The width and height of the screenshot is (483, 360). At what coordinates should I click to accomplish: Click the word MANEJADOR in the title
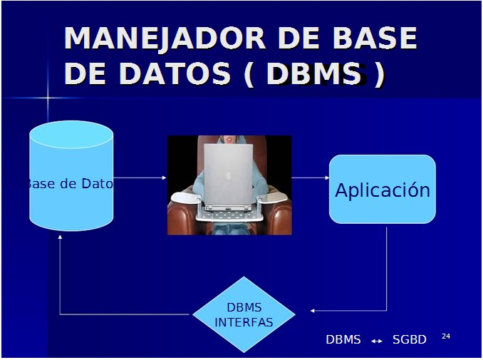coord(165,38)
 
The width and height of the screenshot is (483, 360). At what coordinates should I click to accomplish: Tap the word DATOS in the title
coord(175,73)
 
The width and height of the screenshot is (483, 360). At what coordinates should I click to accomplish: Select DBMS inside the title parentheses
coord(314,73)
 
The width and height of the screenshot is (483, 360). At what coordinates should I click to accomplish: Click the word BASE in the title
coord(375,38)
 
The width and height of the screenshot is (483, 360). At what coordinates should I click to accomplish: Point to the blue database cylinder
coord(71,175)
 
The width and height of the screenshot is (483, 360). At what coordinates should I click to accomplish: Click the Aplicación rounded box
coord(383,189)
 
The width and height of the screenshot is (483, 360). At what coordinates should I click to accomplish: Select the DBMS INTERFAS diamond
coord(244,314)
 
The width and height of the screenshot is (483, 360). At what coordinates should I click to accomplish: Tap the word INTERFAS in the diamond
coord(244,322)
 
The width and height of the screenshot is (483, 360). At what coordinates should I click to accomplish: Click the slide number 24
coord(446,336)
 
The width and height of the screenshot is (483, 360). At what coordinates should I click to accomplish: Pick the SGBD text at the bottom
coord(410,339)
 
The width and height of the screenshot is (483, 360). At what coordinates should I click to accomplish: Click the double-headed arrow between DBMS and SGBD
coord(376,341)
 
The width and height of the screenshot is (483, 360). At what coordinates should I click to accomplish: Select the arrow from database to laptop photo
coord(140,178)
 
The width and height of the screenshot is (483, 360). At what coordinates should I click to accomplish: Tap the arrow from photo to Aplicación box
coord(310,178)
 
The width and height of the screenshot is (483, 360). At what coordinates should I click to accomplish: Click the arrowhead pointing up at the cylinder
coord(60,237)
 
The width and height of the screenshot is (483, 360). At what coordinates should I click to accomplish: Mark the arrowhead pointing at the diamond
coord(312,311)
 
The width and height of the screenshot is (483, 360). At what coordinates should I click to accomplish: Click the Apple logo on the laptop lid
coord(229,175)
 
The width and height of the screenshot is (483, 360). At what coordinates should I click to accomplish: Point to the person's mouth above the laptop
coord(229,138)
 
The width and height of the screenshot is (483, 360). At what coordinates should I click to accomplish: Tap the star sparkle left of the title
coord(48,98)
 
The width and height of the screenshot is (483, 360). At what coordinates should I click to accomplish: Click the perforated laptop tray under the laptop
coord(229,215)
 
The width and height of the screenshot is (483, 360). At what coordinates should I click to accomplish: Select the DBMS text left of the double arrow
coord(343,339)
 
